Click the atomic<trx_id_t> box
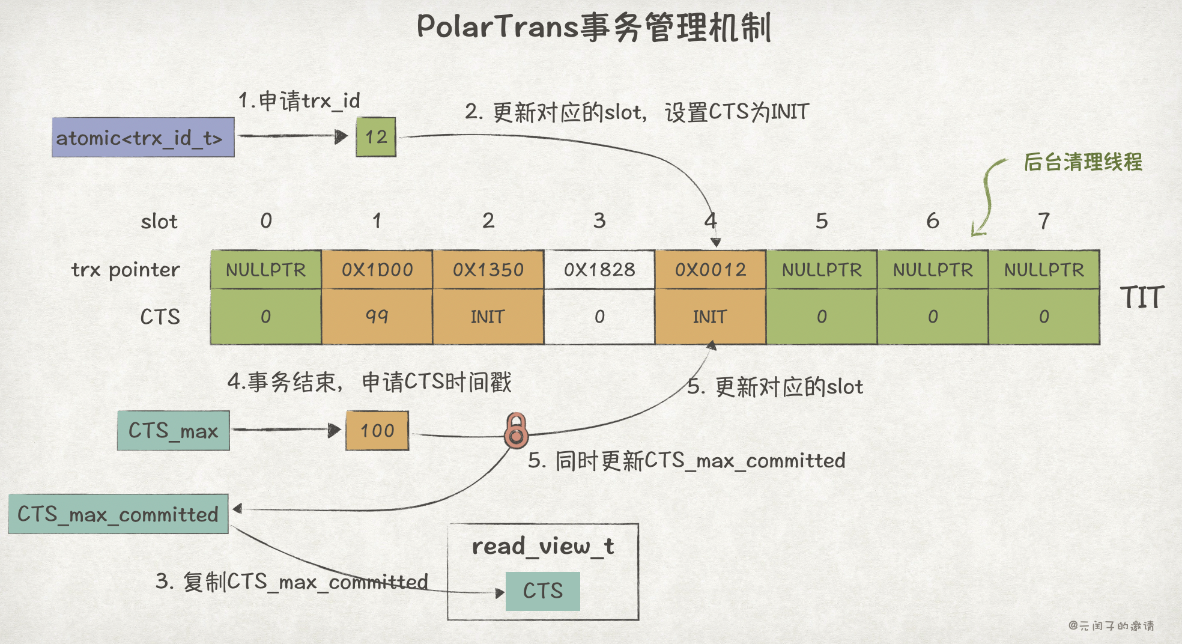coord(143,138)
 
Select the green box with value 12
coord(376,137)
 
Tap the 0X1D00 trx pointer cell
coord(377,270)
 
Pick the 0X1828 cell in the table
coord(599,270)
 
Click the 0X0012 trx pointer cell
coord(711,270)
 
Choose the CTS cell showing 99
coord(377,316)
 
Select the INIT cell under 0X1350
coord(488,316)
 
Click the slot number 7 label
coord(1044,221)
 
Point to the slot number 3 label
coord(599,221)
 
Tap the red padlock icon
coord(516,431)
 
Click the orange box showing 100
coord(377,431)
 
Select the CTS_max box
coord(173,431)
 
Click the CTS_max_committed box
coord(118,514)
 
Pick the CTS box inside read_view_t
coord(542,591)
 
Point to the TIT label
coord(1142,297)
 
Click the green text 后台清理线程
coord(1083,162)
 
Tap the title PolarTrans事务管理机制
coord(593,28)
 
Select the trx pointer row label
coord(126,270)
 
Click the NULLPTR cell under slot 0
coord(265,270)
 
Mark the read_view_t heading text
coord(542,546)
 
